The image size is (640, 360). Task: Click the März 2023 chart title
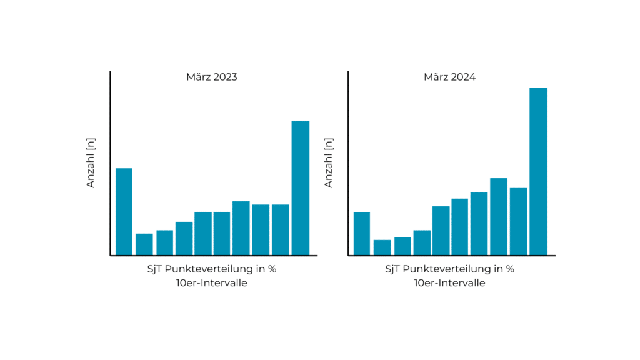(x=212, y=77)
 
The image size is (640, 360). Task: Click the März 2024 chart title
(x=449, y=77)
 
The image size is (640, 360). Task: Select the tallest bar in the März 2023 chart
(x=301, y=187)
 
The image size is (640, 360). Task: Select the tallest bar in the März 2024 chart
(x=538, y=171)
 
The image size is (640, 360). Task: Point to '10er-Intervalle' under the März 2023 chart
(x=212, y=283)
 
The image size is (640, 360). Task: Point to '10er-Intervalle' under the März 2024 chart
(x=449, y=283)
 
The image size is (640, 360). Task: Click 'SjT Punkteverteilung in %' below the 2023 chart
(x=212, y=269)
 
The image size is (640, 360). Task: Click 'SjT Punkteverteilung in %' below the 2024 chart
(x=449, y=269)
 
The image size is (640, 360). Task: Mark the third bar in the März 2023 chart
(x=164, y=242)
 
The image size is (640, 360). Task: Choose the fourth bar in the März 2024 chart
(x=422, y=242)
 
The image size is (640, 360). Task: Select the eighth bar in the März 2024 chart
(x=499, y=216)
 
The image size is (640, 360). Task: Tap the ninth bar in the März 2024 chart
(x=518, y=221)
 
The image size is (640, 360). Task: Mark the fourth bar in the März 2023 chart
(x=184, y=238)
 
